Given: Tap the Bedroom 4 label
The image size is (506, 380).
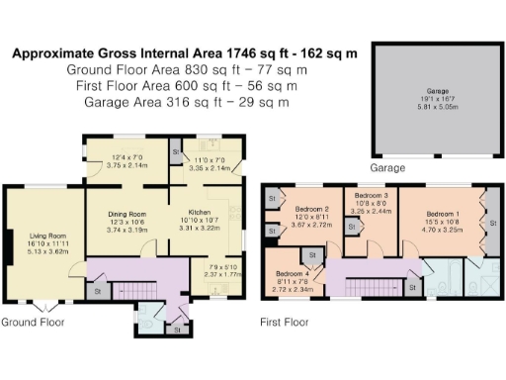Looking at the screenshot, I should click(x=294, y=273).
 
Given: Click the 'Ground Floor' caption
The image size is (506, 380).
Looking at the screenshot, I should click(x=34, y=323).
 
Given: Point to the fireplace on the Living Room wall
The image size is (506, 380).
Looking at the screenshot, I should click(x=9, y=243).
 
